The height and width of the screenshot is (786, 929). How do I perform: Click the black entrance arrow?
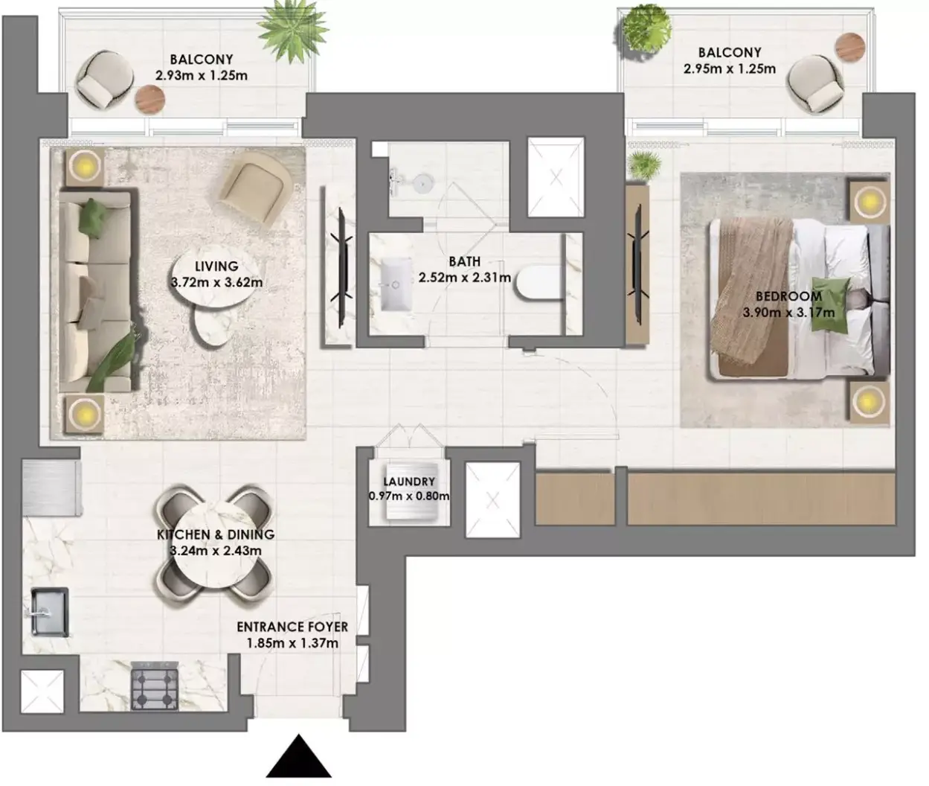pyautogui.click(x=299, y=757)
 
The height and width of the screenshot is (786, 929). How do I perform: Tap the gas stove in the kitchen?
pyautogui.click(x=155, y=686)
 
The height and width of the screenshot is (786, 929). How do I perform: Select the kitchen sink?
pyautogui.click(x=50, y=612)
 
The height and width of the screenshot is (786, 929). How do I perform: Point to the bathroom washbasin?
pyautogui.click(x=396, y=284)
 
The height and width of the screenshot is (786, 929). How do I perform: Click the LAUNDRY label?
pyautogui.click(x=409, y=482)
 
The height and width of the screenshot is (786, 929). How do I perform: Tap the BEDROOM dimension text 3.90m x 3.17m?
pyautogui.click(x=788, y=313)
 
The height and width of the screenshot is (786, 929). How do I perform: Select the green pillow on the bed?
pyautogui.click(x=830, y=305)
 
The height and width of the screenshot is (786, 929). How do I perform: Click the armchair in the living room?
pyautogui.click(x=254, y=188)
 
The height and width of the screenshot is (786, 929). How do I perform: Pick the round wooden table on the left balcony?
pyautogui.click(x=150, y=99)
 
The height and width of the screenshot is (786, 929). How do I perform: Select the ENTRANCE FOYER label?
pyautogui.click(x=292, y=627)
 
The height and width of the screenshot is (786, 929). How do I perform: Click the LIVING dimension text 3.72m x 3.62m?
pyautogui.click(x=217, y=282)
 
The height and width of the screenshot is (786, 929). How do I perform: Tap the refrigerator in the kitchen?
pyautogui.click(x=51, y=488)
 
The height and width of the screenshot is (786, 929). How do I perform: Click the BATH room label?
pyautogui.click(x=464, y=262)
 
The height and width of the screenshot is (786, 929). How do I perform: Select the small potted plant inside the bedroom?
pyautogui.click(x=645, y=165)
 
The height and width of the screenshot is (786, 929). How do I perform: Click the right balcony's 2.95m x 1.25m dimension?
pyautogui.click(x=730, y=68)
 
